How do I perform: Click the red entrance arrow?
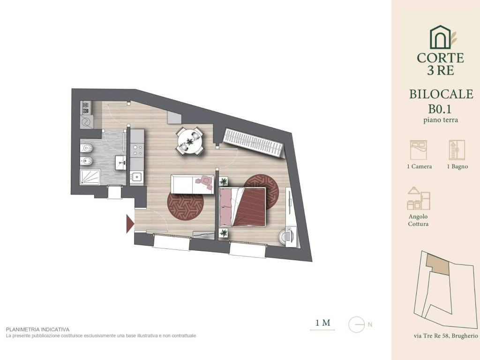[x=130, y=224]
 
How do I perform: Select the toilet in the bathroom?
[x=86, y=148]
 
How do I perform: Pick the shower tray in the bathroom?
[x=90, y=177]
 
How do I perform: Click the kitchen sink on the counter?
[x=136, y=177]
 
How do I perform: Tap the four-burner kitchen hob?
[x=136, y=150]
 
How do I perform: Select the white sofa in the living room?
[x=192, y=184]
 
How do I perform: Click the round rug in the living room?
[x=186, y=206]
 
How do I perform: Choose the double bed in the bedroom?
[x=242, y=207]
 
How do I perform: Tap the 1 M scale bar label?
[x=323, y=322]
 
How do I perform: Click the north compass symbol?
[x=357, y=324]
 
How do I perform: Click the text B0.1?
[x=440, y=109]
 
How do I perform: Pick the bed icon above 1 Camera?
[x=418, y=150]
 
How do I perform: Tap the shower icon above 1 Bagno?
[x=457, y=150]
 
